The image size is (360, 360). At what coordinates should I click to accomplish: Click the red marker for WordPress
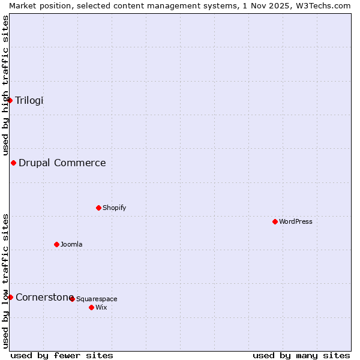[275, 221]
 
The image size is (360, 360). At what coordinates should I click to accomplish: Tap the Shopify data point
[98, 208]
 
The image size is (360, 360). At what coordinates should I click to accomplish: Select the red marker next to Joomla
[56, 244]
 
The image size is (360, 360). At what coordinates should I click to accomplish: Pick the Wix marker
[91, 307]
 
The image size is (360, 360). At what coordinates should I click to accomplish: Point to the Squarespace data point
[72, 298]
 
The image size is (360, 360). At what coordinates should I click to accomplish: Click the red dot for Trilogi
[10, 100]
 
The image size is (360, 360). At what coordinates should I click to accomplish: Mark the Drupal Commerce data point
[13, 163]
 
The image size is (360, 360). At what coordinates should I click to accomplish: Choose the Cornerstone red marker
[10, 297]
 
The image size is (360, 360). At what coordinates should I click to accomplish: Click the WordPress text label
[295, 221]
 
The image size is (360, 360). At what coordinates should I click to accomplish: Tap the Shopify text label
[114, 208]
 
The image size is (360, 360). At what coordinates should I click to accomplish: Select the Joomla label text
[71, 244]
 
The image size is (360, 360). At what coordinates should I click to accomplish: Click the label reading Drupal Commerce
[62, 163]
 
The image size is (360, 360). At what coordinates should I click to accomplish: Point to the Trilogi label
[29, 100]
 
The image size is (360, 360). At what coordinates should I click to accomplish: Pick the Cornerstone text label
[44, 297]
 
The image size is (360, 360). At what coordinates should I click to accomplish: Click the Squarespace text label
[97, 299]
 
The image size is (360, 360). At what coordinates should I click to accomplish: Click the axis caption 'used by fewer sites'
[62, 355]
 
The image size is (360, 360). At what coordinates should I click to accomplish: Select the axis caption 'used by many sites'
[301, 355]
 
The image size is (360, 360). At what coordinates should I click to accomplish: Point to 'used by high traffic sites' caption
[5, 85]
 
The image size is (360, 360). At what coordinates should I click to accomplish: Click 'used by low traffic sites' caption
[5, 281]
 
